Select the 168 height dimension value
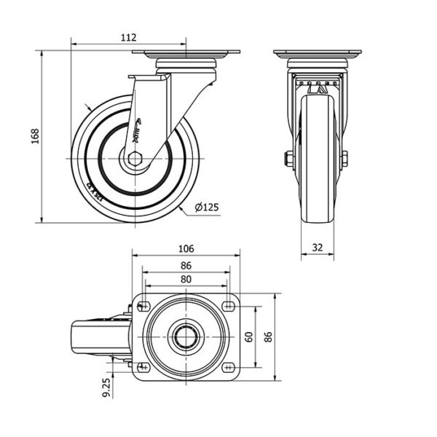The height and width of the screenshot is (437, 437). [34, 137]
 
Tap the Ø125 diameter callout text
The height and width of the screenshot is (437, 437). [207, 208]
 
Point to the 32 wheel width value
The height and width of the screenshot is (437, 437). [318, 247]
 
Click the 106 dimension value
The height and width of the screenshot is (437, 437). [186, 246]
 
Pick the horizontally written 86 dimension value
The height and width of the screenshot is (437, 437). [186, 266]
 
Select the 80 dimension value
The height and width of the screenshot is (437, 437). [186, 279]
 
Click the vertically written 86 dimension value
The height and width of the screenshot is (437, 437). [267, 336]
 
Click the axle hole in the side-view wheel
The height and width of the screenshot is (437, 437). [134, 159]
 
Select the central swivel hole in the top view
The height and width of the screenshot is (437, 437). [185, 336]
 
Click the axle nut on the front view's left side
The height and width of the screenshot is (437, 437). [289, 159]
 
